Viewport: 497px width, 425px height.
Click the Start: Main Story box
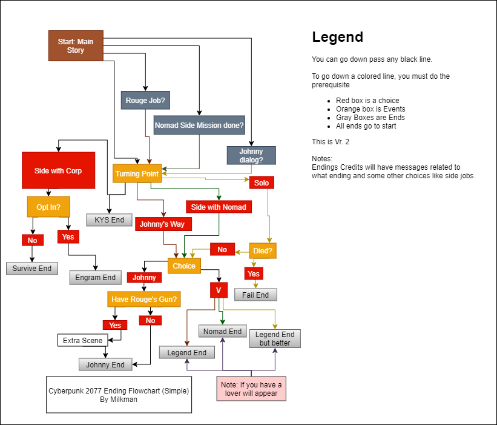tap(76, 46)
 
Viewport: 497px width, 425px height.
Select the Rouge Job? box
tap(145, 101)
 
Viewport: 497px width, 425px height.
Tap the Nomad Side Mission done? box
tap(199, 125)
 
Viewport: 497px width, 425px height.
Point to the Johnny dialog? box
tap(251, 156)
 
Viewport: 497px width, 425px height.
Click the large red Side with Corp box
tap(58, 171)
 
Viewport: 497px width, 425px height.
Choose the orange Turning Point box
tap(136, 174)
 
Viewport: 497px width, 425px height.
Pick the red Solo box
tap(262, 182)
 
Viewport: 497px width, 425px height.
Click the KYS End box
tap(109, 219)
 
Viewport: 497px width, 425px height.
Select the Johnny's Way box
tap(163, 224)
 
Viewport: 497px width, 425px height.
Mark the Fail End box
tap(255, 295)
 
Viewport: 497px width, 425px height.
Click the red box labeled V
tap(218, 290)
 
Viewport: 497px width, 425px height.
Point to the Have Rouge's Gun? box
tap(145, 299)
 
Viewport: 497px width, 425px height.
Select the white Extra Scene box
tap(84, 340)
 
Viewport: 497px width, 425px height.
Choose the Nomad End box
tap(223, 331)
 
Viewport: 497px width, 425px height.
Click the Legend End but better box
tap(275, 338)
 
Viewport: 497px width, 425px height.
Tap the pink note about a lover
tap(251, 389)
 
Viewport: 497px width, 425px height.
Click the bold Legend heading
tap(337, 37)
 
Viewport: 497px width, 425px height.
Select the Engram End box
tap(96, 278)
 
